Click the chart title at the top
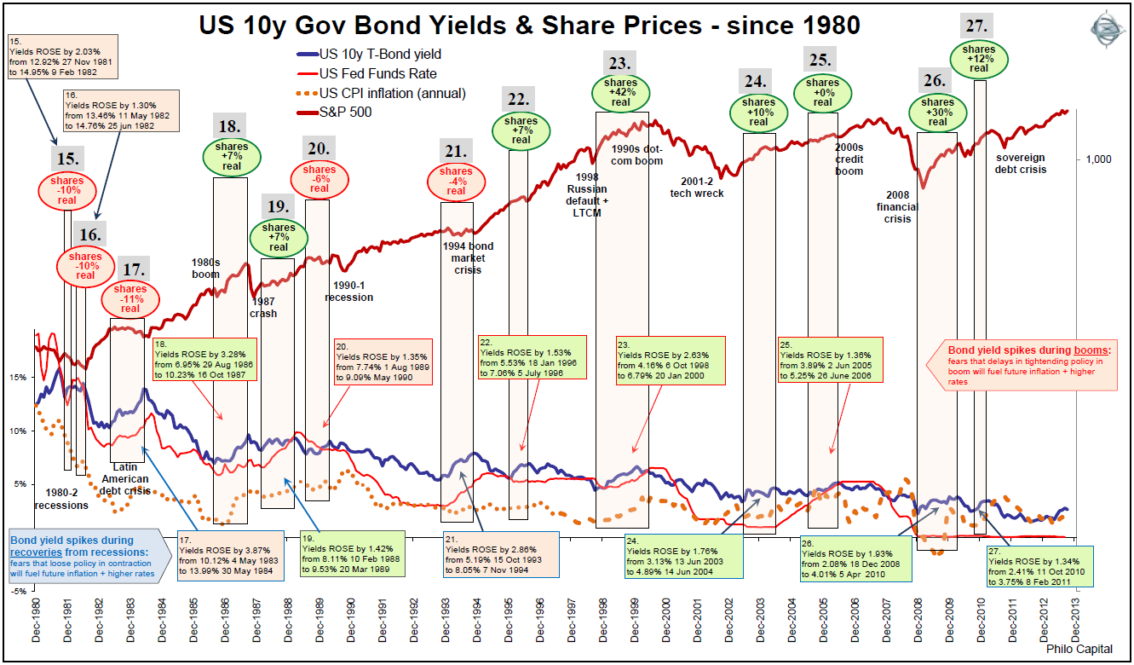tap(529, 26)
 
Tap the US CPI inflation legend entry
tap(392, 93)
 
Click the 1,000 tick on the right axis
tap(1099, 159)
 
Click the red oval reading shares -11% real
tap(130, 299)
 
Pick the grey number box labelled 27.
tap(979, 24)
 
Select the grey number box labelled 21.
tap(456, 152)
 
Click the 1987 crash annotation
tap(264, 307)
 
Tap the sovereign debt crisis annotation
tap(1022, 164)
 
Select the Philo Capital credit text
tap(1084, 651)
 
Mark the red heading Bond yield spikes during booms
tap(1030, 350)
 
